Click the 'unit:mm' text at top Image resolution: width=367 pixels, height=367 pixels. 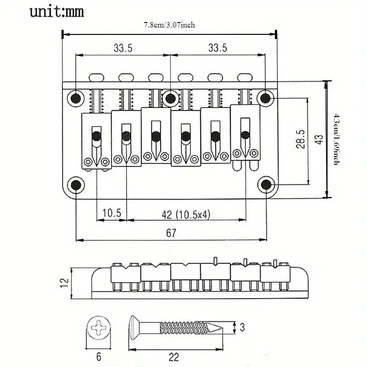(x=56, y=12)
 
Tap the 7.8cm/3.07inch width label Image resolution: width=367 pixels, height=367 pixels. (x=169, y=25)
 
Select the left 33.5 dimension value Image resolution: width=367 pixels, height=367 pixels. (x=123, y=48)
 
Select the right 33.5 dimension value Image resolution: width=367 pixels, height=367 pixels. (x=217, y=48)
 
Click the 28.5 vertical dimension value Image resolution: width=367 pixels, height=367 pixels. (x=300, y=139)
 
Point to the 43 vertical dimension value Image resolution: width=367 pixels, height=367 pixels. (x=319, y=139)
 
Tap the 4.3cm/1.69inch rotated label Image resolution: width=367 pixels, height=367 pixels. (x=337, y=139)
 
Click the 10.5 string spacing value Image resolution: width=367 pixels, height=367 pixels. (x=111, y=213)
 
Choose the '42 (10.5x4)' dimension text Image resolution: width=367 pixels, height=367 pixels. (x=186, y=214)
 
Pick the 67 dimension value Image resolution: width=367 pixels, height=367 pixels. (x=171, y=233)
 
